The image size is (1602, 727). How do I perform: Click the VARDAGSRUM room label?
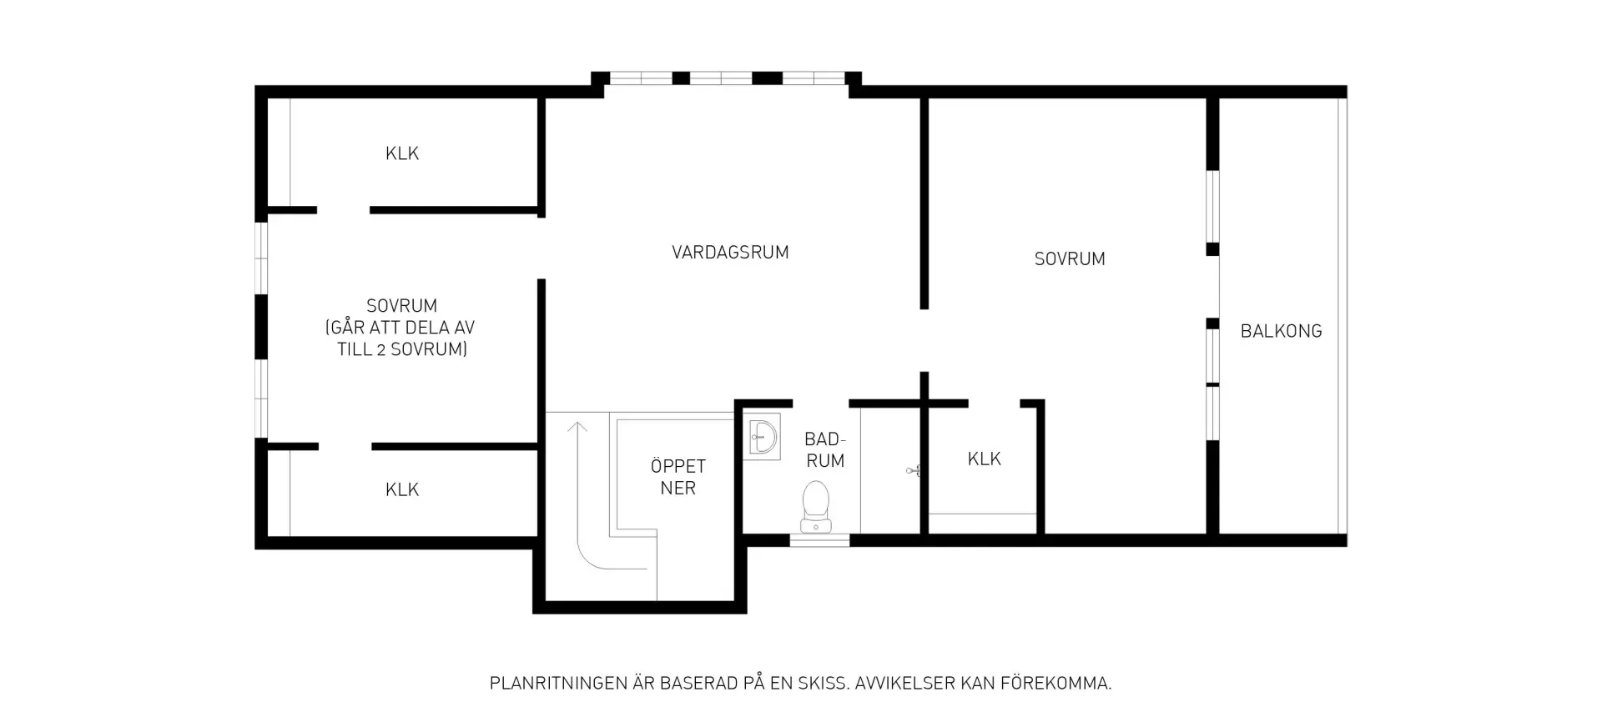pyautogui.click(x=730, y=252)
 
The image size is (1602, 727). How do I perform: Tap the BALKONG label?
pyautogui.click(x=1281, y=331)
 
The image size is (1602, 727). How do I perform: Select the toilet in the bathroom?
pyautogui.click(x=815, y=507)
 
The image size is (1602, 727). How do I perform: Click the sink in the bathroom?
pyautogui.click(x=762, y=436)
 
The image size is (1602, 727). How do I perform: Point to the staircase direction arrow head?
pyautogui.click(x=577, y=428)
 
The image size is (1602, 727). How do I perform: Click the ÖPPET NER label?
pyautogui.click(x=678, y=477)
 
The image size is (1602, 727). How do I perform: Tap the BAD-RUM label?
pyautogui.click(x=825, y=449)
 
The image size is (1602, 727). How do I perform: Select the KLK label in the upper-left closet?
pyautogui.click(x=402, y=153)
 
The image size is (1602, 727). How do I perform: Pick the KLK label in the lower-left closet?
pyautogui.click(x=402, y=489)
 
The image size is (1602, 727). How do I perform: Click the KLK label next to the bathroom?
pyautogui.click(x=985, y=459)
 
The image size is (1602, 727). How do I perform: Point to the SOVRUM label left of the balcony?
pyautogui.click(x=1070, y=259)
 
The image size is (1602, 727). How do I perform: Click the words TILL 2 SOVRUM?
pyautogui.click(x=402, y=349)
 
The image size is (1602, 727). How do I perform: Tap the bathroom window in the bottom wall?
pyautogui.click(x=819, y=540)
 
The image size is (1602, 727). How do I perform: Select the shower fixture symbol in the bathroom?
pyautogui.click(x=913, y=471)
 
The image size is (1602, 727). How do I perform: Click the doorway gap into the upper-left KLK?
pyautogui.click(x=343, y=210)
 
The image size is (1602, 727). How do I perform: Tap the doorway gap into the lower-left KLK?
pyautogui.click(x=345, y=447)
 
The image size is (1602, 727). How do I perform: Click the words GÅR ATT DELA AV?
pyautogui.click(x=400, y=328)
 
